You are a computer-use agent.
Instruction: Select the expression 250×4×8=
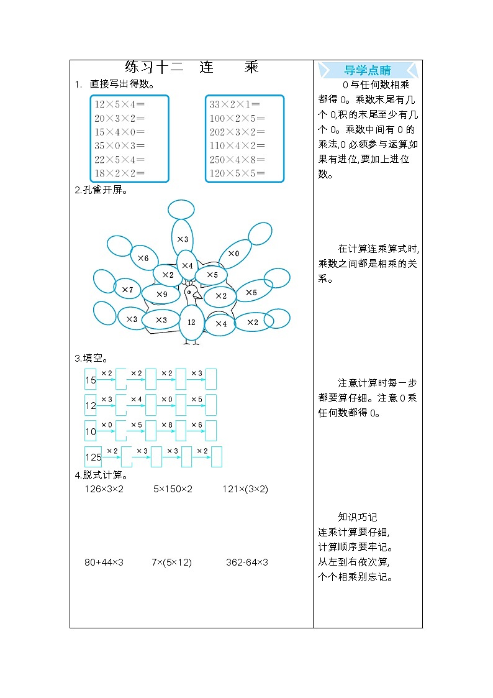(237, 159)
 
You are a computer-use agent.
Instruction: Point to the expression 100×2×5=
(237, 118)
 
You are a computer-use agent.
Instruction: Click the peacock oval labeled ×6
(143, 257)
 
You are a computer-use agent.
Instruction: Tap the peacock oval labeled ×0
(233, 253)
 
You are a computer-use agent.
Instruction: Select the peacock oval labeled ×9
(161, 294)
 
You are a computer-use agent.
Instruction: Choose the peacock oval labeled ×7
(127, 289)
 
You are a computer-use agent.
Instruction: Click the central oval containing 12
(191, 322)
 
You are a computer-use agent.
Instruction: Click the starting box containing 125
(93, 457)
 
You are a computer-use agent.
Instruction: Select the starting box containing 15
(91, 380)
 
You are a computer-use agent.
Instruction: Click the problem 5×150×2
(173, 489)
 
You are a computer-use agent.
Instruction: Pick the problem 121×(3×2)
(245, 489)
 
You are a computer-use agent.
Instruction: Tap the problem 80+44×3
(104, 563)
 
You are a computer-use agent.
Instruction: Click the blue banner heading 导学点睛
(368, 70)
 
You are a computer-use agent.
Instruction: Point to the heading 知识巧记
(357, 517)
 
